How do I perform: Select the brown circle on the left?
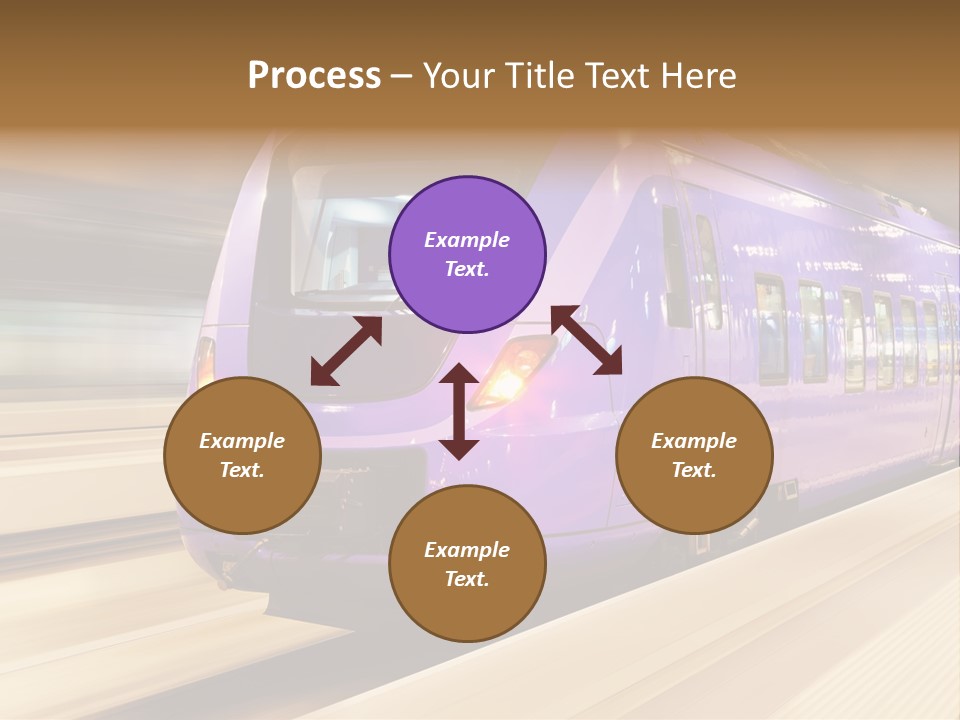(x=242, y=455)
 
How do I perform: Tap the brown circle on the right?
(x=694, y=455)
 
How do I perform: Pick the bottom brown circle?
(x=467, y=564)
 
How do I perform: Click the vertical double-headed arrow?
(x=459, y=411)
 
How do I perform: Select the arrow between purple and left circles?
(x=346, y=351)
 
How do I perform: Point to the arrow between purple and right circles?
(x=587, y=341)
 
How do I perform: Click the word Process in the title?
(x=314, y=75)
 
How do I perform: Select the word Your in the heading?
(x=456, y=75)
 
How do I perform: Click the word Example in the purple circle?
(x=467, y=240)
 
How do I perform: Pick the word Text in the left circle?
(x=242, y=470)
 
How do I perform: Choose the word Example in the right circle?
(x=694, y=441)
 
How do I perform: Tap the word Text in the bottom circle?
(x=467, y=579)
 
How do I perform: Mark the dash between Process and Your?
(x=402, y=76)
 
